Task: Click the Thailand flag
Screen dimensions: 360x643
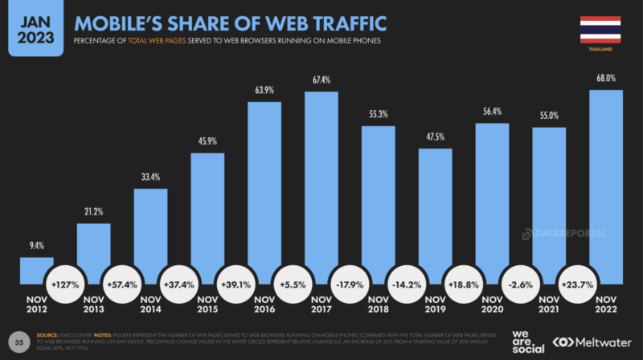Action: (x=600, y=30)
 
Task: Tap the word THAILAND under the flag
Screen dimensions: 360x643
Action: (x=600, y=50)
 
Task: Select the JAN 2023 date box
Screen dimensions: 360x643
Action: (x=36, y=27)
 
